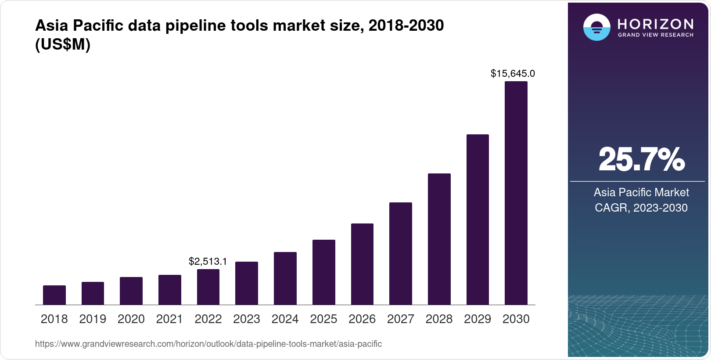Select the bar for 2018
pyautogui.click(x=54, y=295)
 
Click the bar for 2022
pyautogui.click(x=208, y=287)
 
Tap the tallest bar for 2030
pyautogui.click(x=516, y=193)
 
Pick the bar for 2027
pyautogui.click(x=400, y=254)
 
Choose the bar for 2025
pyautogui.click(x=323, y=272)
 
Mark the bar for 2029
pyautogui.click(x=478, y=220)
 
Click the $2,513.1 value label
pyautogui.click(x=208, y=262)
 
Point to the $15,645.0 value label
pyautogui.click(x=513, y=73)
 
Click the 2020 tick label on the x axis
pyautogui.click(x=131, y=319)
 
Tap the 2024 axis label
pyautogui.click(x=285, y=319)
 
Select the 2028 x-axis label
pyautogui.click(x=439, y=319)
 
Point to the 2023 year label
pyautogui.click(x=247, y=319)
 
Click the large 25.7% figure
pyautogui.click(x=641, y=159)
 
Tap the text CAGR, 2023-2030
pyautogui.click(x=641, y=208)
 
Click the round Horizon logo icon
pyautogui.click(x=596, y=27)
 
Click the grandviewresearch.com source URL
pyautogui.click(x=208, y=344)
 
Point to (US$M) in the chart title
pyautogui.click(x=63, y=44)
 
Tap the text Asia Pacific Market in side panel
pyautogui.click(x=641, y=192)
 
